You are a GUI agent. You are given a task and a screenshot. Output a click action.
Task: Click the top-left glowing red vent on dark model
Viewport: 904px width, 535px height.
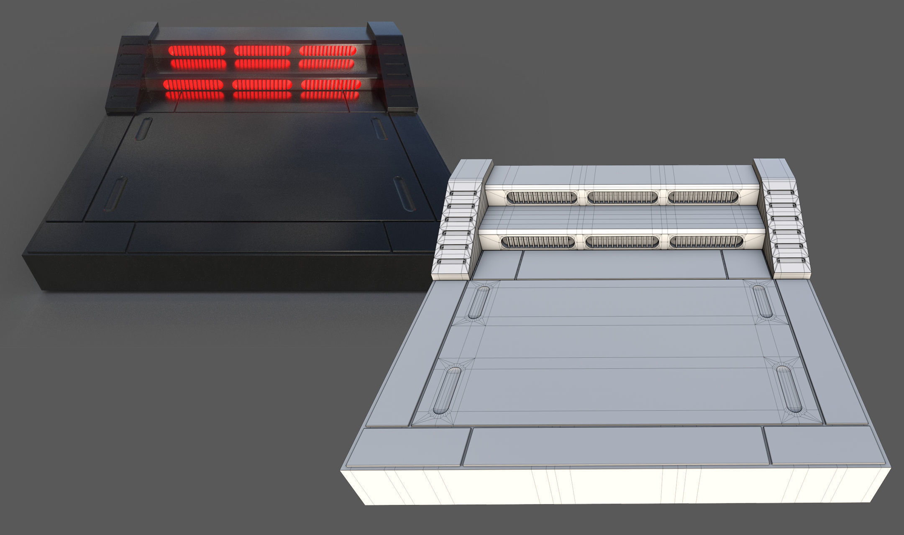point(197,51)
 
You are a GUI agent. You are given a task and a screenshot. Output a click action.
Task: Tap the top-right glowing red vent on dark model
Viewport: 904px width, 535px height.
point(328,51)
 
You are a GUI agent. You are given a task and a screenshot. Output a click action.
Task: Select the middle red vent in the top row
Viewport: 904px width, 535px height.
point(262,51)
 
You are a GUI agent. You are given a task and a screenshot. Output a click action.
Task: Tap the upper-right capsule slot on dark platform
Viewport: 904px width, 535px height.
point(379,128)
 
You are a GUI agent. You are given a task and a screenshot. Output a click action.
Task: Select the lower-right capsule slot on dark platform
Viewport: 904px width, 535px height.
point(404,193)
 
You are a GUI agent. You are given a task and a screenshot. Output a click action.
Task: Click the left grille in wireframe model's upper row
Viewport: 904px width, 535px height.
point(541,197)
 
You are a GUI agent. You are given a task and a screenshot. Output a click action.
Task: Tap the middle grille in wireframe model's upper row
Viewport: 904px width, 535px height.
point(622,197)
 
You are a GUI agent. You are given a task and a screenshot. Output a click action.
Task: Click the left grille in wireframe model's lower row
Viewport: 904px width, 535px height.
point(538,241)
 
